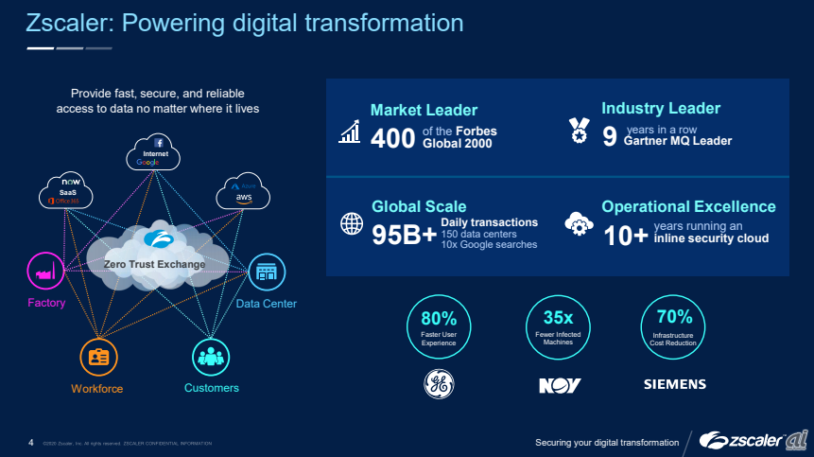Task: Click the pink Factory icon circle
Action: click(x=45, y=273)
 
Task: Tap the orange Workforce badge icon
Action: click(x=97, y=358)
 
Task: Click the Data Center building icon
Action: click(x=266, y=272)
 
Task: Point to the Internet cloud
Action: click(x=150, y=153)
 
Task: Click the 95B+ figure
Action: click(x=404, y=235)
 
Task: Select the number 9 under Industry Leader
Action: click(x=610, y=138)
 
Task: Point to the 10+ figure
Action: click(x=626, y=235)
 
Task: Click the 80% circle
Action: click(x=439, y=325)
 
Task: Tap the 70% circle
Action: click(x=674, y=325)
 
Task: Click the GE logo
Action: click(x=439, y=383)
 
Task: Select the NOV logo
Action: click(x=559, y=385)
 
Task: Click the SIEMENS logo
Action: click(x=674, y=385)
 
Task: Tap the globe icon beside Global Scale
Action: click(x=352, y=224)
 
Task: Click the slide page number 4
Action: click(x=31, y=442)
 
